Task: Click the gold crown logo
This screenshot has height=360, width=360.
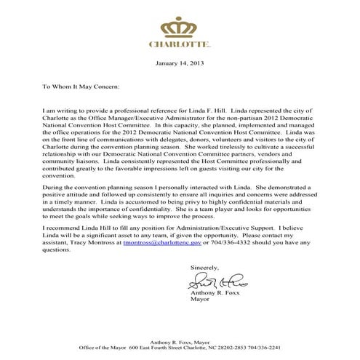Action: pos(180,27)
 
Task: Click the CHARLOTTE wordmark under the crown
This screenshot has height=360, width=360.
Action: pos(180,44)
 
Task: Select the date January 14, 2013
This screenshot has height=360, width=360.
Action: pos(180,64)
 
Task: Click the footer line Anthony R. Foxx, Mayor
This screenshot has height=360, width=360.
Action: pos(180,341)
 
